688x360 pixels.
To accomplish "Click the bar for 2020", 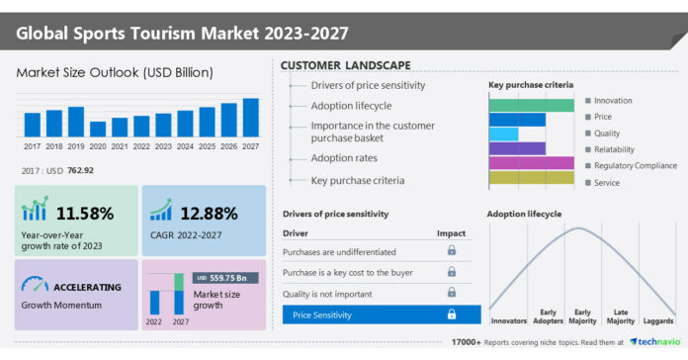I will pos(98,129).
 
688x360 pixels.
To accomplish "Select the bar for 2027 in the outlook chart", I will pos(250,117).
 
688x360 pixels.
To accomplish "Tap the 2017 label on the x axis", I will pos(32,145).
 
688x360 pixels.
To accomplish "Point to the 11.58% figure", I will pos(84,213).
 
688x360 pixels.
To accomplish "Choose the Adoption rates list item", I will pos(345,156).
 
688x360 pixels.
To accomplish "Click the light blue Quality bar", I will pos(503,135).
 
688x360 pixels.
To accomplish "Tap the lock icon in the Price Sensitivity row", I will pos(452,315).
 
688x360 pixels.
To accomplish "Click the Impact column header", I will pos(451,233).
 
